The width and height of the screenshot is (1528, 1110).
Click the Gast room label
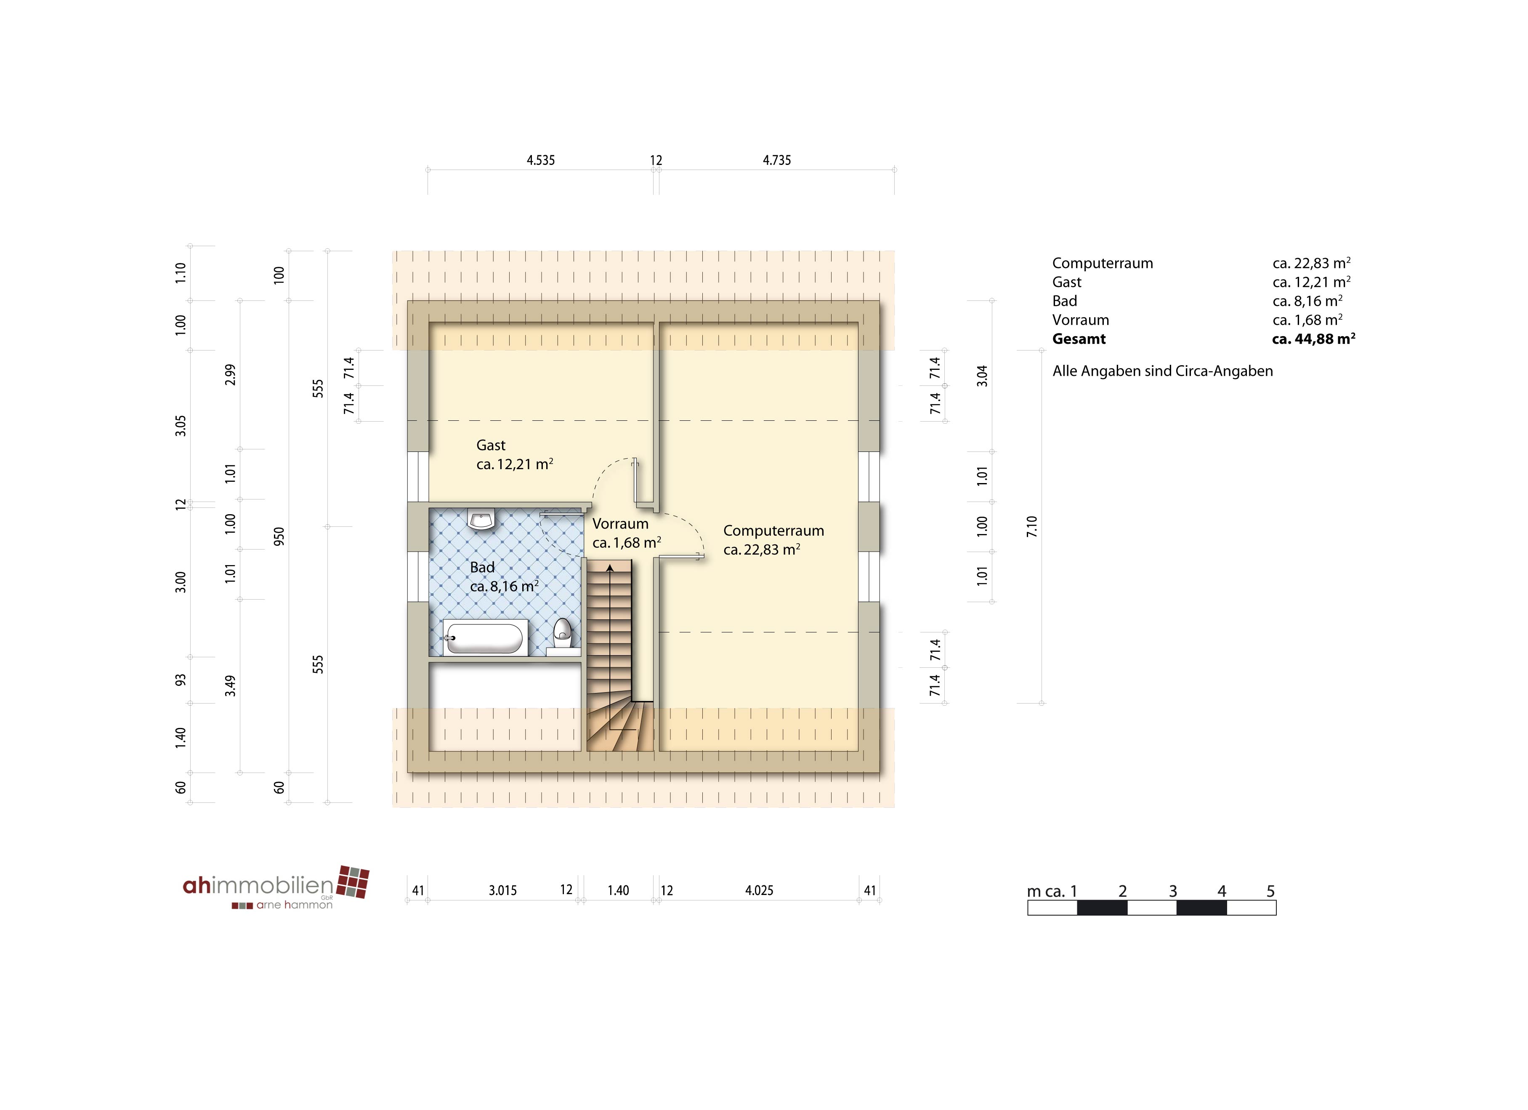click(x=491, y=445)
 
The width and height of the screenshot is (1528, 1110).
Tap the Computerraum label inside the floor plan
click(x=773, y=531)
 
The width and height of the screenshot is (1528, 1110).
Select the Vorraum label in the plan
click(x=620, y=524)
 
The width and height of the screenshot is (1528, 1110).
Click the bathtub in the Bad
click(x=484, y=638)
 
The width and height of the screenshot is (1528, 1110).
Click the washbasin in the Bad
click(x=482, y=519)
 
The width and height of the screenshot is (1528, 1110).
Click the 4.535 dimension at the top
click(x=540, y=160)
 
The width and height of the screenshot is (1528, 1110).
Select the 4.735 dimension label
click(x=777, y=160)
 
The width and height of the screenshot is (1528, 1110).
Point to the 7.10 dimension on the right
click(x=1031, y=526)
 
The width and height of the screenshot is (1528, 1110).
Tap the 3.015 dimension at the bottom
click(x=502, y=890)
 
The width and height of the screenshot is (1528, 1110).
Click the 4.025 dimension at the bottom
click(x=759, y=890)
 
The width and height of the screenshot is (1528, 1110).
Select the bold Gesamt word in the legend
click(x=1079, y=339)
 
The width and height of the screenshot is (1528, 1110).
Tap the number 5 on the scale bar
click(x=1270, y=891)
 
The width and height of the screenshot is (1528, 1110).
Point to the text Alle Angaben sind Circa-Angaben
click(x=1163, y=371)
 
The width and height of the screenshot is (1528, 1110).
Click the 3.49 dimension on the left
click(x=231, y=686)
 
